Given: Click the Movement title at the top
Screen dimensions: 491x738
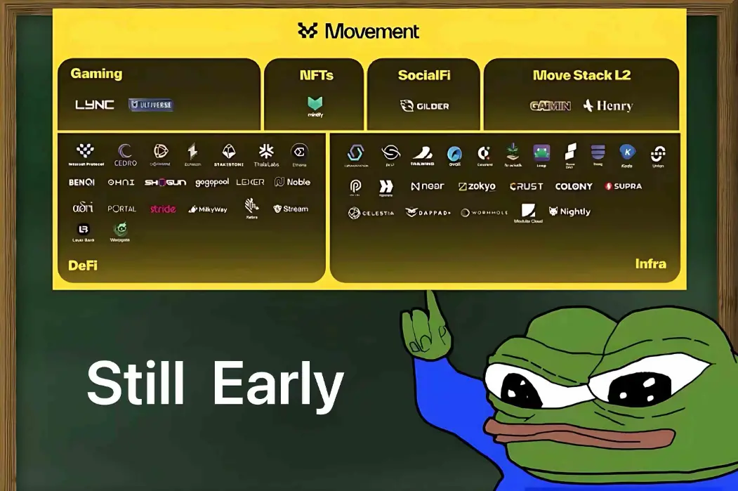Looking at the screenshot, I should tap(358, 31).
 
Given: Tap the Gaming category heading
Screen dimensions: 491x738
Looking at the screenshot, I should tap(96, 74).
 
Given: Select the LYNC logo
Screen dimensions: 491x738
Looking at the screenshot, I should tap(95, 105).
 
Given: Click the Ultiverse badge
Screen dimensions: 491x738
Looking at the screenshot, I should tap(151, 105).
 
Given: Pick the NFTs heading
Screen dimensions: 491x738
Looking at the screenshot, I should tap(316, 75).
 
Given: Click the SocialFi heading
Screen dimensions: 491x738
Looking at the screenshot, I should tap(424, 75).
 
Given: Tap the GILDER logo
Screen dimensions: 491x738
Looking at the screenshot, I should tap(424, 106).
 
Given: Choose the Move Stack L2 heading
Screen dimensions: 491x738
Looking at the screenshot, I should tap(581, 75).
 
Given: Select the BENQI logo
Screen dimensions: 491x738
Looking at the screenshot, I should tap(81, 183).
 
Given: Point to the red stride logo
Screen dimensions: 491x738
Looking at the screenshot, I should tap(163, 209).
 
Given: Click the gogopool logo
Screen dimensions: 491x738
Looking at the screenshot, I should tap(211, 183).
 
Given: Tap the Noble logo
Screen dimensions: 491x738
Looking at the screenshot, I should tap(292, 182).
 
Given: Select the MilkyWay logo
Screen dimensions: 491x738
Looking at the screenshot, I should tap(208, 209).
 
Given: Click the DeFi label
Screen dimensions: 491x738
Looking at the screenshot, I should tap(83, 266).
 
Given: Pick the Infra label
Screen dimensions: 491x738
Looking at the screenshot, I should tap(650, 264).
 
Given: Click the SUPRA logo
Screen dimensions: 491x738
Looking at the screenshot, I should tap(623, 186).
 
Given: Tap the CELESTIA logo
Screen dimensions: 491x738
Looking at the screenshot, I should tap(371, 213).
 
